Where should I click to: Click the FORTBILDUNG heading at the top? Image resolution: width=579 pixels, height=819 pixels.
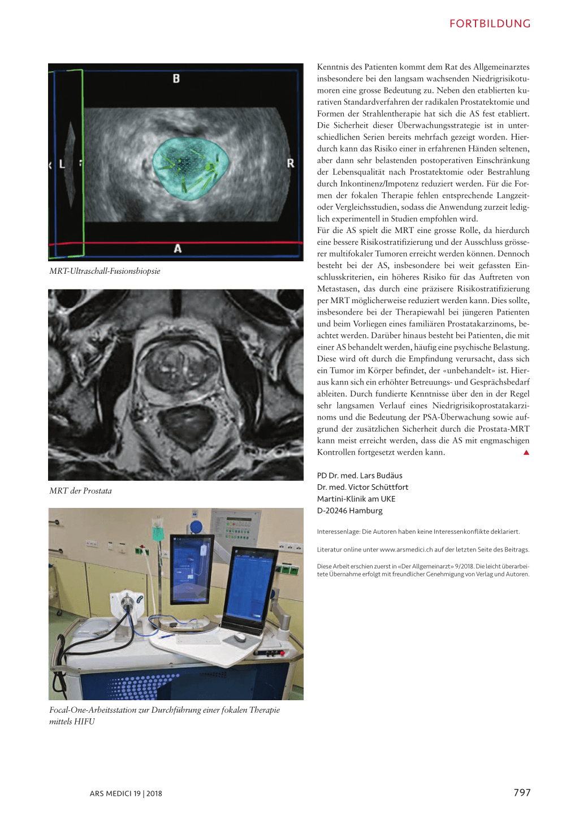point(490,24)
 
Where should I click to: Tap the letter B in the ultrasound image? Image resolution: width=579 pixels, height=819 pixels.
point(176,79)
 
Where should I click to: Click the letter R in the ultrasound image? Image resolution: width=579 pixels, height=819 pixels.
point(291,163)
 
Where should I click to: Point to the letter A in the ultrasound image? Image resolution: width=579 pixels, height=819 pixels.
point(178,248)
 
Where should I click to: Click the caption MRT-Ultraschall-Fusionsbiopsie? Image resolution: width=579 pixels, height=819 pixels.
point(105,271)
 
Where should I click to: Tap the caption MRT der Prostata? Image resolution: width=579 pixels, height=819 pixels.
point(80,491)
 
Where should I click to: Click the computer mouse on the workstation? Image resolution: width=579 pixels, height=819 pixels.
point(240,637)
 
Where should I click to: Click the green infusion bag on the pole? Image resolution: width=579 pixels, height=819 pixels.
point(158,532)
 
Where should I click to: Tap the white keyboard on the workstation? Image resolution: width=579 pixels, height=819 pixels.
point(189,638)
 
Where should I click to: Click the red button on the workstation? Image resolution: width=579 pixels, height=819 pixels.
point(282,653)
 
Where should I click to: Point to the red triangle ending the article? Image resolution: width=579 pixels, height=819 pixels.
point(526,452)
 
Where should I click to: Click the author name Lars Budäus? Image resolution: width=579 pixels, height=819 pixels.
point(381,476)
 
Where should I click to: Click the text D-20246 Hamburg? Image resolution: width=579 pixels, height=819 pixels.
point(349,511)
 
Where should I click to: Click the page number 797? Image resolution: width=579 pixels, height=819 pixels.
point(522,792)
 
